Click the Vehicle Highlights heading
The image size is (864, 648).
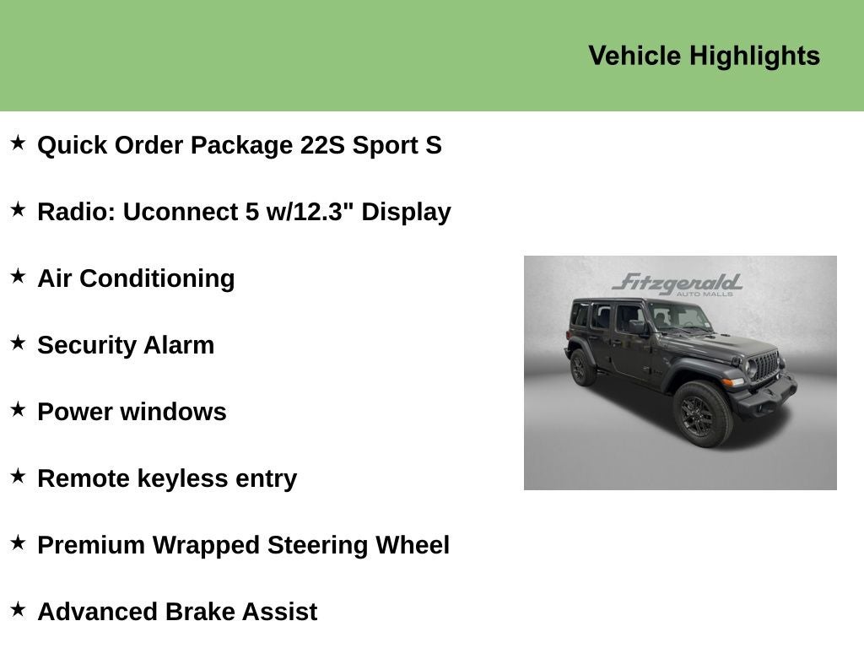pos(704,56)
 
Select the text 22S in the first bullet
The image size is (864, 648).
pos(322,145)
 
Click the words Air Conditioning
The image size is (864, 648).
pos(136,278)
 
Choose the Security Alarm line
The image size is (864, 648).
pos(126,345)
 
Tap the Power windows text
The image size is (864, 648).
pos(132,412)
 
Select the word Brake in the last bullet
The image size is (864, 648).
pos(200,612)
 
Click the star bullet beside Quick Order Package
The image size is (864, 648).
pos(18,143)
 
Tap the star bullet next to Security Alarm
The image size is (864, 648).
pos(18,343)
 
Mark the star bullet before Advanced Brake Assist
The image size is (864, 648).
pos(18,609)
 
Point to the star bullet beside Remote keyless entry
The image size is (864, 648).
pos(18,476)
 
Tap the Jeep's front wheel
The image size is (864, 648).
pos(700,414)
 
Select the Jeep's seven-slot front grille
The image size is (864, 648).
pos(765,366)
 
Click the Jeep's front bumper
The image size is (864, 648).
pos(766,396)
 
